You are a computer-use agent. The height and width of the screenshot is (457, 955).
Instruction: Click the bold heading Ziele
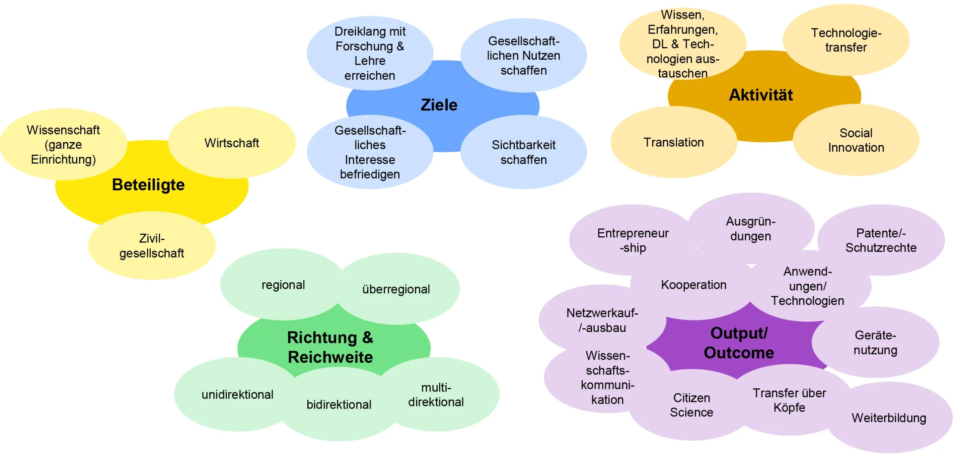439,105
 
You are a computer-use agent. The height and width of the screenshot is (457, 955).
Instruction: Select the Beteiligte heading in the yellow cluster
148,185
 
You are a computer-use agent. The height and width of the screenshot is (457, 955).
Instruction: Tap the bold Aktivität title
761,95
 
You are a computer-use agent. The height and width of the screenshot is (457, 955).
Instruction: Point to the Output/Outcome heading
739,343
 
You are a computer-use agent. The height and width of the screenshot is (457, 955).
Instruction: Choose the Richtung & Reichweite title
330,347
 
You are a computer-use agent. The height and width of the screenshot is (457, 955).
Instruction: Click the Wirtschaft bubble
232,143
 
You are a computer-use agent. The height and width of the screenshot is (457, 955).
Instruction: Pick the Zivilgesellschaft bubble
152,246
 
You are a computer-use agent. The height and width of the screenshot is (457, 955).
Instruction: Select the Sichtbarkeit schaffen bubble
524,152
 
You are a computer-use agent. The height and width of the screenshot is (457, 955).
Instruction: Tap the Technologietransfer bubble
846,40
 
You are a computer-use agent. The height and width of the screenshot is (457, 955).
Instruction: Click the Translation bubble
674,142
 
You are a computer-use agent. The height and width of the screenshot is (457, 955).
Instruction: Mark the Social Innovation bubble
856,140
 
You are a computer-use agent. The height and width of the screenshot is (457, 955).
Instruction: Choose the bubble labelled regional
283,285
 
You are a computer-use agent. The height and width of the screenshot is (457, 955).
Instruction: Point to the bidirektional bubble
339,404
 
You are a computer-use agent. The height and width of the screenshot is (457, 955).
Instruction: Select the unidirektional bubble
238,394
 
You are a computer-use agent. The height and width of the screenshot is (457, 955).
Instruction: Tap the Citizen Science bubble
692,405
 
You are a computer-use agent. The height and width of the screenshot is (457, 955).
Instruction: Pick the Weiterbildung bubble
889,418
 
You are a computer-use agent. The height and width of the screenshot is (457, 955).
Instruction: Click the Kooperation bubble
694,285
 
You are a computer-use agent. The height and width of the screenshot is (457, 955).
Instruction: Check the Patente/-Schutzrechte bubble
881,240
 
